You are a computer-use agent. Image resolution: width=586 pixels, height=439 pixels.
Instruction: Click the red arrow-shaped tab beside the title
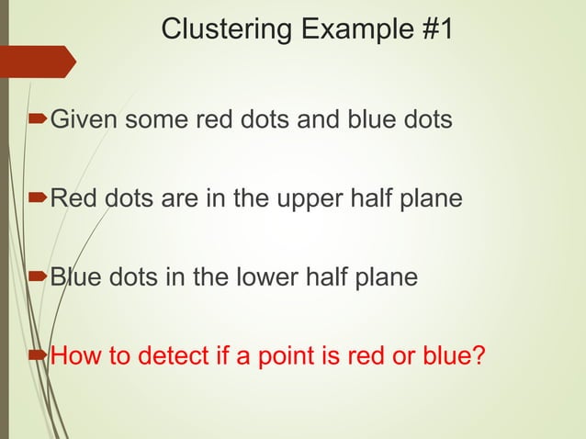click(x=38, y=61)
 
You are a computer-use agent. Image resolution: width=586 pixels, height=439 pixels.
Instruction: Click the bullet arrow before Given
click(x=39, y=119)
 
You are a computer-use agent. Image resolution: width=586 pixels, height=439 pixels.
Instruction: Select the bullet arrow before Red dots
click(x=39, y=198)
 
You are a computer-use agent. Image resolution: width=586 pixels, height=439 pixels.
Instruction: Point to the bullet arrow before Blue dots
click(x=39, y=276)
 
